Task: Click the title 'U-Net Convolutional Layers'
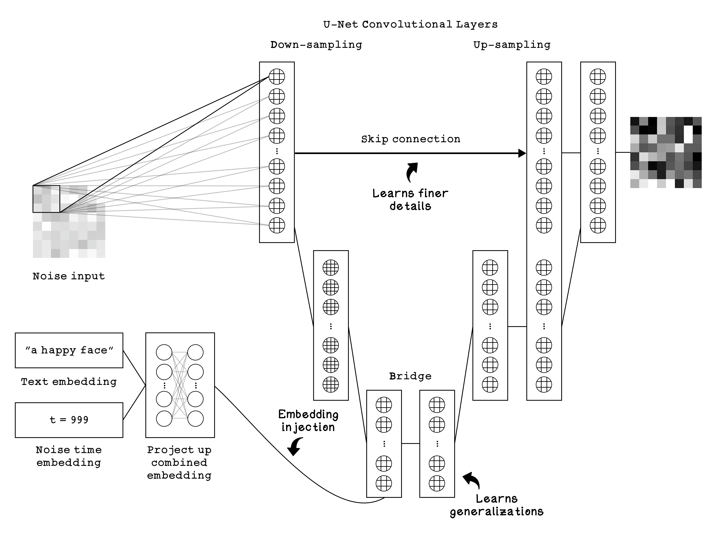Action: (x=410, y=24)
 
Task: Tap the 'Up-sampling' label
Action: (x=512, y=45)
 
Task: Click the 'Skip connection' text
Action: (x=411, y=139)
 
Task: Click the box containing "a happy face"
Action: (x=69, y=350)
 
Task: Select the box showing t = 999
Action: (x=69, y=420)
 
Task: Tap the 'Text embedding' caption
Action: (x=69, y=382)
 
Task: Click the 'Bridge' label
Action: (x=410, y=376)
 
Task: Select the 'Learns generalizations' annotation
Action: (x=497, y=505)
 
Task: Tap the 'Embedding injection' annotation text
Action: (x=308, y=421)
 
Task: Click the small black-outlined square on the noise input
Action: (x=46, y=199)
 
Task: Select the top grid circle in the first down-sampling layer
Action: (x=277, y=77)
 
